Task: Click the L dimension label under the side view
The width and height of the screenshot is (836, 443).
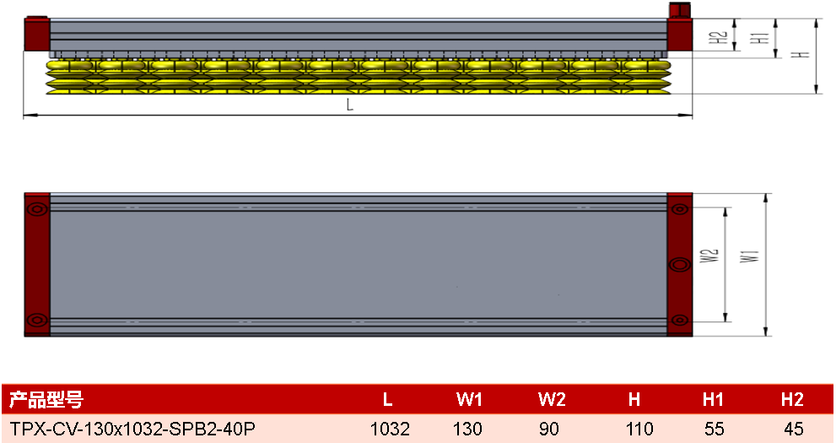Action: tap(350, 105)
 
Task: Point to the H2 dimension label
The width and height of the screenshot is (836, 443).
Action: tap(718, 37)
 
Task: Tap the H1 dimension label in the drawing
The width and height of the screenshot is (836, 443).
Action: tap(759, 38)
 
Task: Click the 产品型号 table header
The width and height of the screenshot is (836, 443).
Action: tap(46, 399)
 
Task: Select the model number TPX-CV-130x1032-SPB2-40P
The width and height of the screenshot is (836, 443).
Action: tap(132, 428)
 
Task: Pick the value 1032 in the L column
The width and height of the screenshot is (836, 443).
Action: tap(390, 429)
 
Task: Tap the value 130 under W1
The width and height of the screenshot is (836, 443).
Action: tap(467, 429)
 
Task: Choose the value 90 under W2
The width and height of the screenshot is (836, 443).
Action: tap(549, 429)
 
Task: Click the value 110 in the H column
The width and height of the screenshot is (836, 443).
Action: tap(639, 429)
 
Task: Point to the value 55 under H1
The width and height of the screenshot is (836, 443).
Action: tap(714, 429)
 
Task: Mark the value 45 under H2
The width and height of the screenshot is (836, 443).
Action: tap(793, 429)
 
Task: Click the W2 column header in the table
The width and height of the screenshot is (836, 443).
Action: tap(552, 399)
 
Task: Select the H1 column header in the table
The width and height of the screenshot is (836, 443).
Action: tap(713, 399)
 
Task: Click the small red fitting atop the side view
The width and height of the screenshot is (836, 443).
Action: tap(680, 9)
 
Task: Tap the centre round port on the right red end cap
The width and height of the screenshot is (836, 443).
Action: tap(679, 264)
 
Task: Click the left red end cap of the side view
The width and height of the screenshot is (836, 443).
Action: tap(37, 34)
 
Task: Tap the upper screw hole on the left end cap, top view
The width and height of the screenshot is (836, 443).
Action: tap(37, 209)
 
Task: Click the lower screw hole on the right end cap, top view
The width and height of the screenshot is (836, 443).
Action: tap(679, 320)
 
